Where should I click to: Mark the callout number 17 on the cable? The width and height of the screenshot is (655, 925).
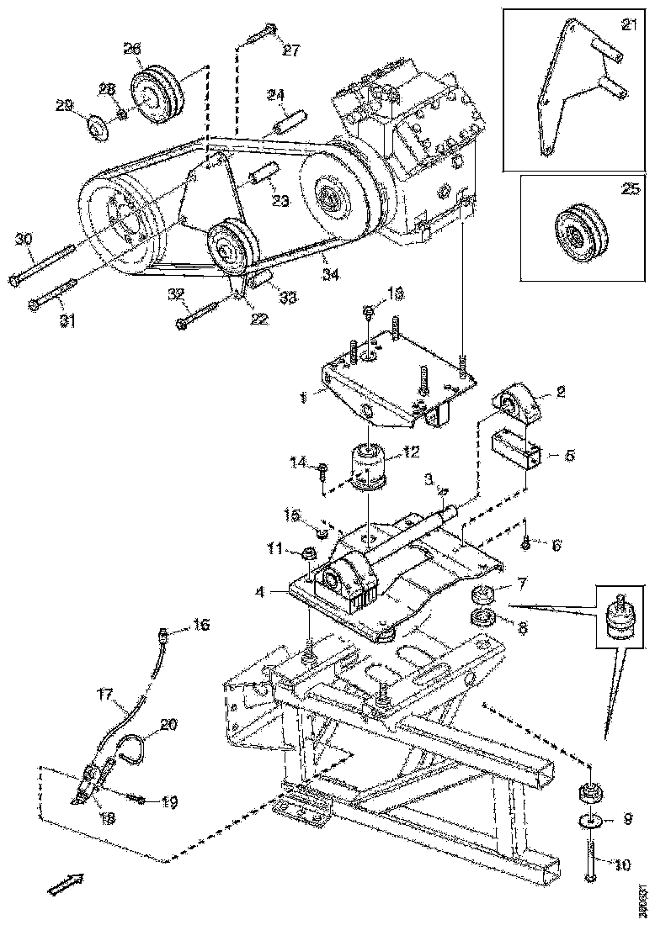point(104,695)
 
